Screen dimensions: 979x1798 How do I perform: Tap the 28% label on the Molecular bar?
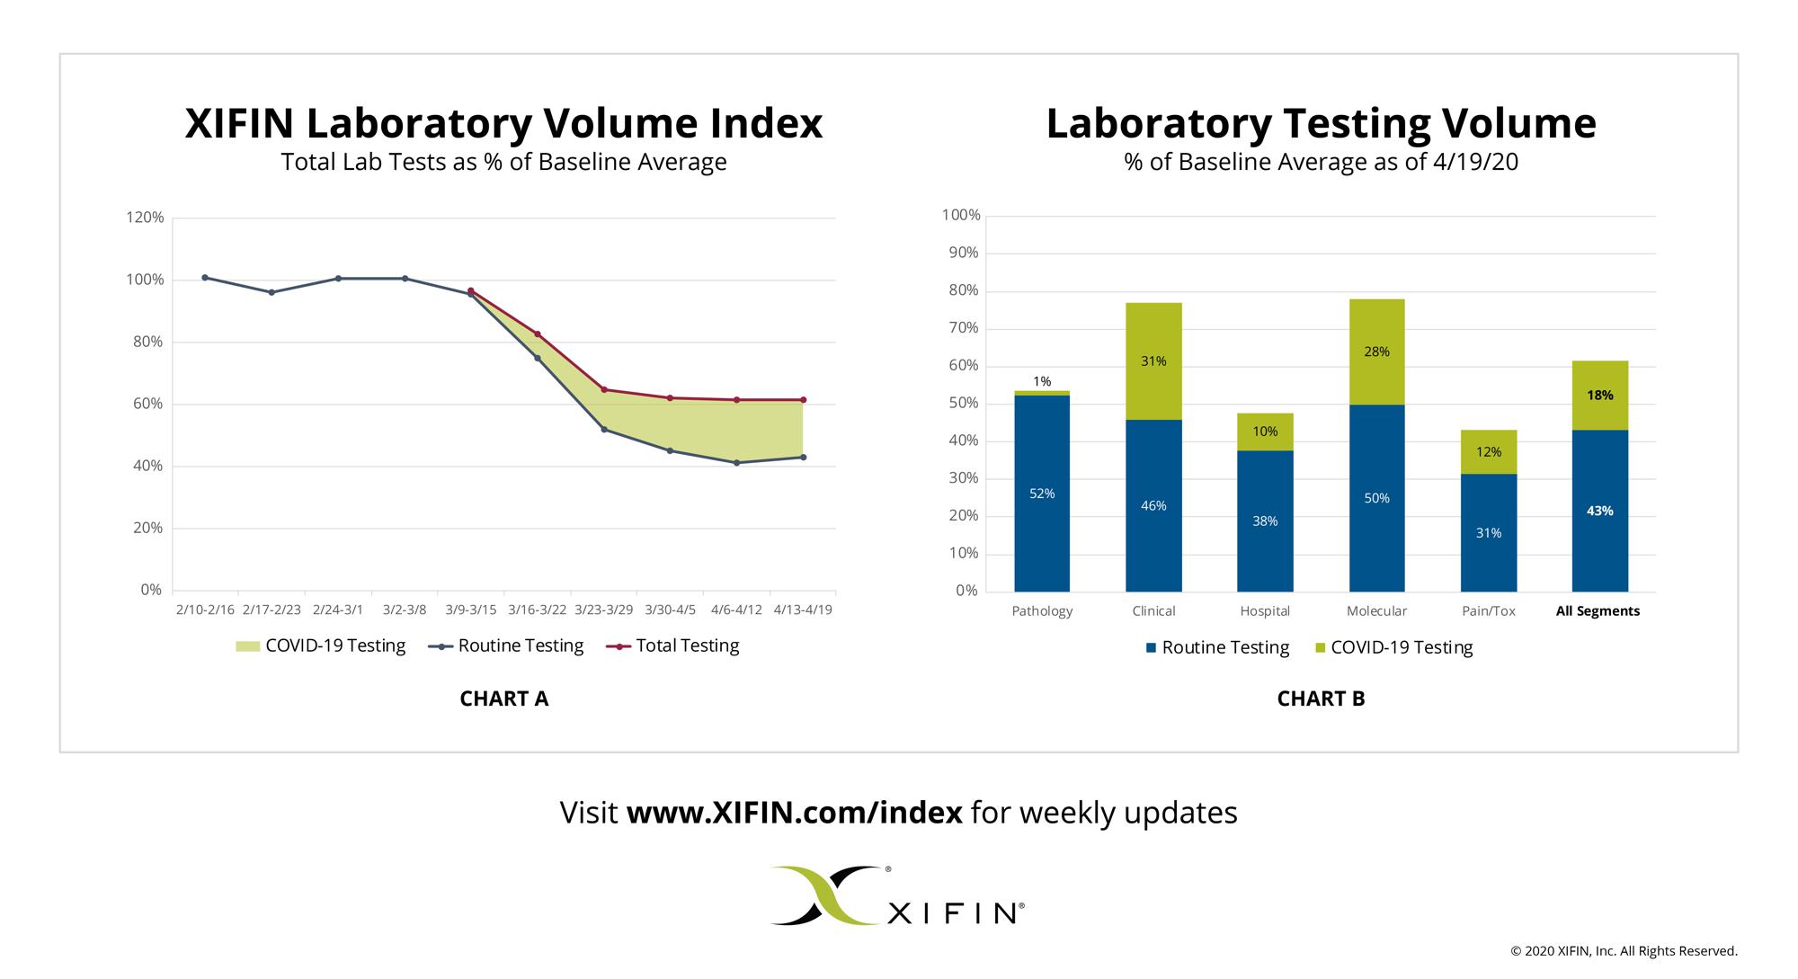1376,352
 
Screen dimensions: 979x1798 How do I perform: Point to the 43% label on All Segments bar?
1599,512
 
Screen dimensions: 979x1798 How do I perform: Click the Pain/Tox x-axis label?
1488,611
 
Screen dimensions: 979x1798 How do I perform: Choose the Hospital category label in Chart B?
1265,611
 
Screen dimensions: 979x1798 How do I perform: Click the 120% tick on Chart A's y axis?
145,218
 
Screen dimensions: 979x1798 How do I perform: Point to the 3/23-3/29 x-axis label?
603,610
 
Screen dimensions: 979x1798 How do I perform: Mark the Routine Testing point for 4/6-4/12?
736,463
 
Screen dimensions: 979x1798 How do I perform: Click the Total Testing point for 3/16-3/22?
538,334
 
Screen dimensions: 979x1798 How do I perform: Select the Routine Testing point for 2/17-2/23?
271,292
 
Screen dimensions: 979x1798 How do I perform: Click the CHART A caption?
503,699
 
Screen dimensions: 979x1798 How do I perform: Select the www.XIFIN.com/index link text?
794,813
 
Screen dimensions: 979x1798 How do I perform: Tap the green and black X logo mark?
824,895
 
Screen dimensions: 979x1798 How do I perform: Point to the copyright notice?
1624,951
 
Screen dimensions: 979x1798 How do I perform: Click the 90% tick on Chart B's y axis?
961,253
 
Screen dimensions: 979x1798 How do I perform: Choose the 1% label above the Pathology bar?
1042,381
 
